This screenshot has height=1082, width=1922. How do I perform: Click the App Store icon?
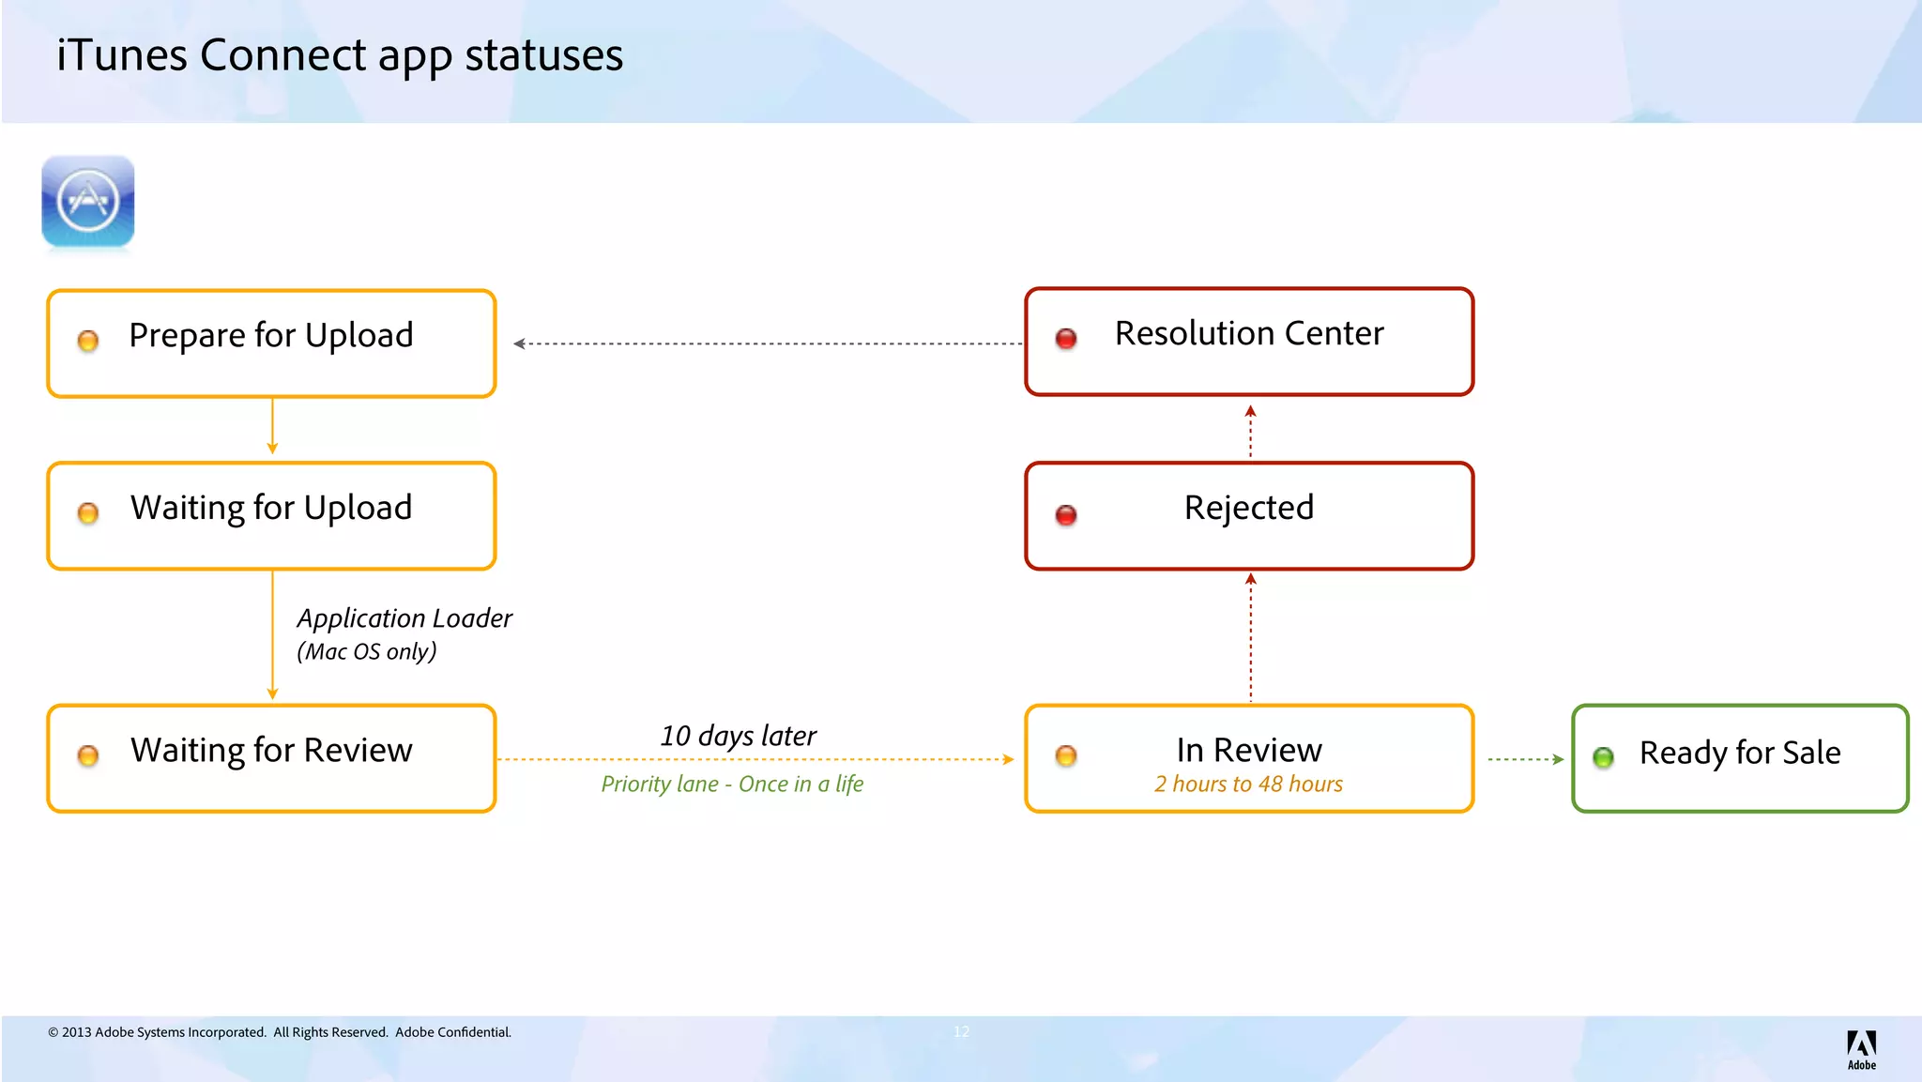88,201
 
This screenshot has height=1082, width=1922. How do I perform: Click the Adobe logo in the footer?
1861,1048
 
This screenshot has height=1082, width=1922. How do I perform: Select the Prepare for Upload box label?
271,335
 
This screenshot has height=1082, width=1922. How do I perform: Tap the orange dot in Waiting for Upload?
88,513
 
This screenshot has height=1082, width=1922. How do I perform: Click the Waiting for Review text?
271,750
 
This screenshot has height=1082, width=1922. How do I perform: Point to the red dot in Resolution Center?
1066,339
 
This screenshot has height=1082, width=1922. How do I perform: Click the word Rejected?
1248,508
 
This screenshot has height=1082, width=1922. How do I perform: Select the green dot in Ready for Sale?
1603,757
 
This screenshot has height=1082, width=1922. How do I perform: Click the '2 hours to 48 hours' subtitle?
1248,784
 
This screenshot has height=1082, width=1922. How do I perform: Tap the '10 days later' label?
738,736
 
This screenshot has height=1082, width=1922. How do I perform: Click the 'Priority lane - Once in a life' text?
732,784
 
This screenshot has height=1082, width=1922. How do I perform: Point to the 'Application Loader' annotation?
404,618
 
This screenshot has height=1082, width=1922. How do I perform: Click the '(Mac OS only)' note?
367,651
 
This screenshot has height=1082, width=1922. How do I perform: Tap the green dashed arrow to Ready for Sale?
1525,759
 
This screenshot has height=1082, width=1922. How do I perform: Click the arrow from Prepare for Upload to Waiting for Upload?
272,427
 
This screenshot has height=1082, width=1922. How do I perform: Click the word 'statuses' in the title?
544,54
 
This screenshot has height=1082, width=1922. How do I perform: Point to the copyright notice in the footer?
280,1032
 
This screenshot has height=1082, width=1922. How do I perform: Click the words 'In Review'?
1248,750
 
